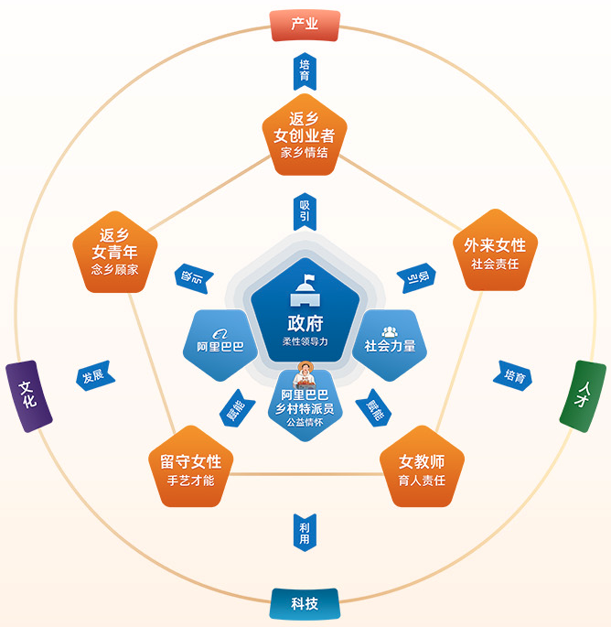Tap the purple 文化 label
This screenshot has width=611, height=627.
(28, 395)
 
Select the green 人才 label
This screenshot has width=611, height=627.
(583, 395)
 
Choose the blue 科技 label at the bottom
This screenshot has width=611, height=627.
(305, 603)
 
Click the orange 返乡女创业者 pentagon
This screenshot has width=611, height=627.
(305, 136)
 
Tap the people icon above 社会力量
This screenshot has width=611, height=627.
(390, 330)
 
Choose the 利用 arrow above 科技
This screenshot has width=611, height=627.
(305, 532)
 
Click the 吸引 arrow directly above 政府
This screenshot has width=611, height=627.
(305, 212)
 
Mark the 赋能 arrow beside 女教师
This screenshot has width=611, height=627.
(375, 405)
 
